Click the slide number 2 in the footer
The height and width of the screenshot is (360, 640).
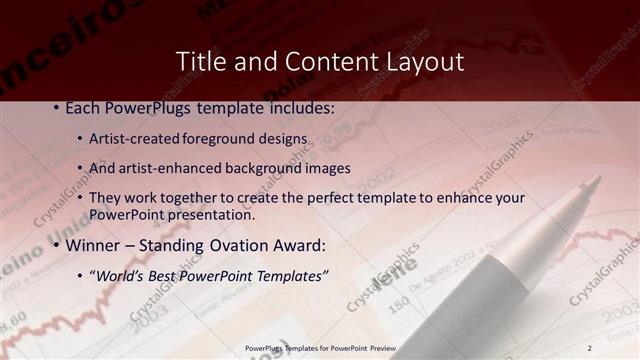[x=589, y=347]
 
